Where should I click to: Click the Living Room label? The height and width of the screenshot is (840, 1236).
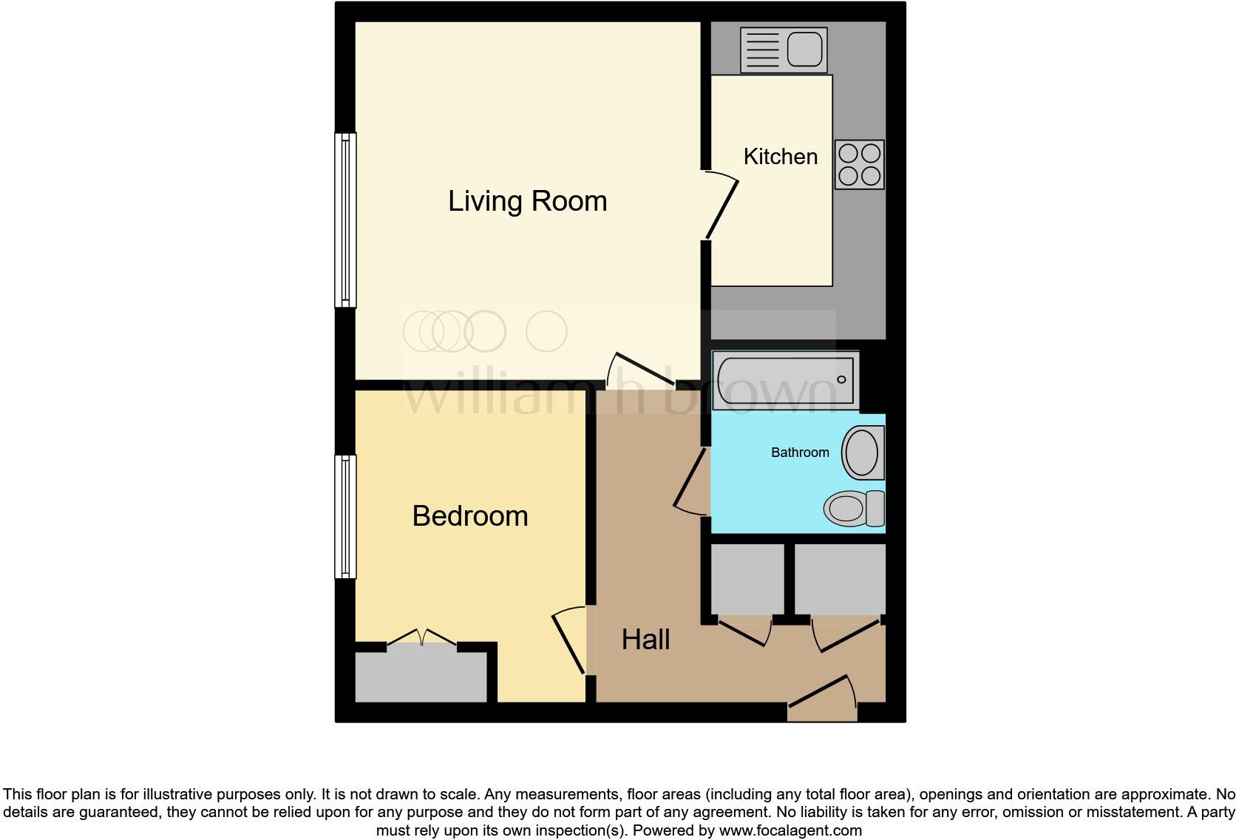coord(527,201)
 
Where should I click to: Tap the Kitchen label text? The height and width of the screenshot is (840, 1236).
coord(780,157)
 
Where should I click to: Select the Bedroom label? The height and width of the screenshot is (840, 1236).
coord(470,516)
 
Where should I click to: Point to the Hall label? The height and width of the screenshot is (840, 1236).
coord(645,640)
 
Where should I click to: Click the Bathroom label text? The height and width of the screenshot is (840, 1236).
coord(800,453)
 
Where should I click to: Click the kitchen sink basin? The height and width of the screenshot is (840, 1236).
coord(804,50)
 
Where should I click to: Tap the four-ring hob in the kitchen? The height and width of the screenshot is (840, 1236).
coord(860,164)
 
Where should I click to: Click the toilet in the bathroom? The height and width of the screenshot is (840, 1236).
coord(855,508)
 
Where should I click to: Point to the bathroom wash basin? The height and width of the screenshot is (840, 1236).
coord(862,452)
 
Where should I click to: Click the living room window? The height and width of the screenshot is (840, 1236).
coord(345,220)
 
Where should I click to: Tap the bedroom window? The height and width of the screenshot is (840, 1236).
coord(345,516)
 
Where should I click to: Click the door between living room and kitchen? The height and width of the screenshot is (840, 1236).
coord(721,207)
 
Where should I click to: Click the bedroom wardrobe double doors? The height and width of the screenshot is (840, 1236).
coord(421,637)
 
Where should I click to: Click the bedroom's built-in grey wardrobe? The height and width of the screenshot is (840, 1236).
coord(421,677)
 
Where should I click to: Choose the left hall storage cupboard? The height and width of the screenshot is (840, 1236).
coord(747,579)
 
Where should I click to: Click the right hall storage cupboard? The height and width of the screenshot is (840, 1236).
coord(840,579)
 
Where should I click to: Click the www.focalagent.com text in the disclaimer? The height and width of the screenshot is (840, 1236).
coord(790,830)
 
